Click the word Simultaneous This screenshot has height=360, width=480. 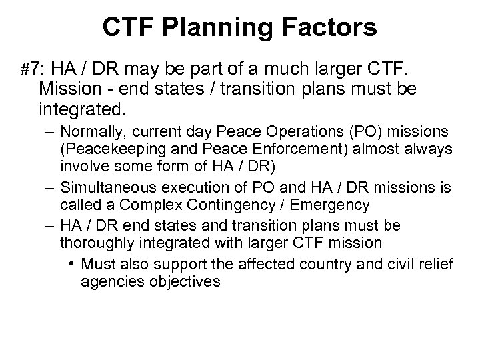pyautogui.click(x=107, y=190)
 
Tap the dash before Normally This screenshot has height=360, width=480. pyautogui.click(x=49, y=133)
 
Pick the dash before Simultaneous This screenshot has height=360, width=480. pyautogui.click(x=49, y=190)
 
